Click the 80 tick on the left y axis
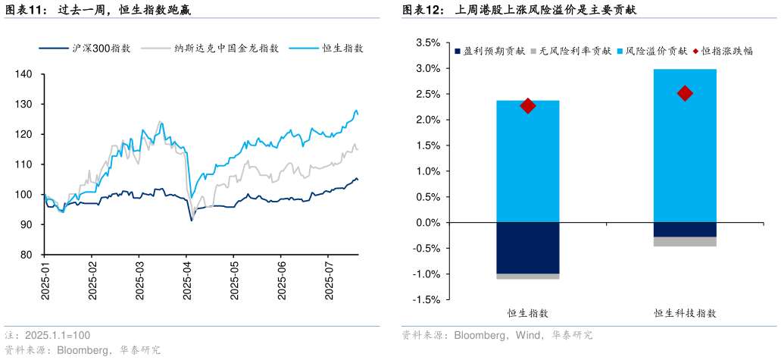click(x=27, y=255)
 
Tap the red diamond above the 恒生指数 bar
click(x=528, y=105)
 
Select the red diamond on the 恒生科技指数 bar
click(x=685, y=93)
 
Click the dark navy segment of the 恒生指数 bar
click(x=528, y=248)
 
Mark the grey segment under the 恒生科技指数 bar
click(x=685, y=241)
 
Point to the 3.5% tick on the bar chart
click(x=428, y=43)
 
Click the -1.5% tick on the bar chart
click(x=426, y=300)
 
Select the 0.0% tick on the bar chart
click(x=428, y=223)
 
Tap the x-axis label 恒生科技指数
click(x=685, y=313)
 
